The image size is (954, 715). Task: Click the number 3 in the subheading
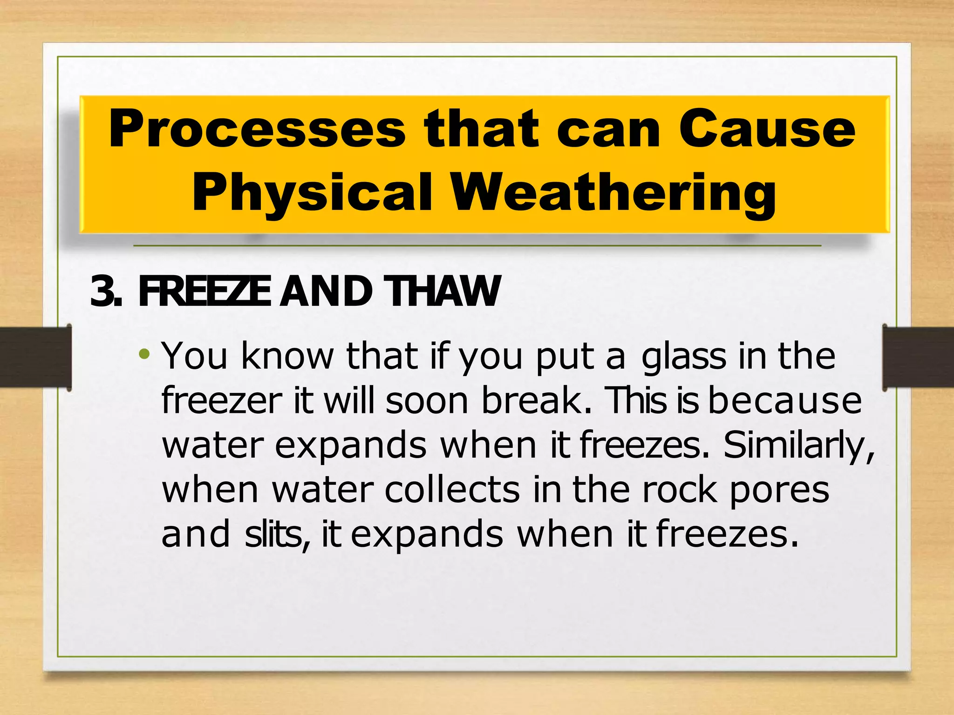pyautogui.click(x=102, y=291)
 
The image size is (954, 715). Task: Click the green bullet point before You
pyautogui.click(x=144, y=355)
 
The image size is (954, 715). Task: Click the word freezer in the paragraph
pyautogui.click(x=222, y=400)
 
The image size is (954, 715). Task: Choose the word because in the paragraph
pyautogui.click(x=785, y=400)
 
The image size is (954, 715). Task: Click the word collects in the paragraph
pyautogui.click(x=452, y=490)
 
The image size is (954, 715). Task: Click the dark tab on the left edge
pyautogui.click(x=35, y=357)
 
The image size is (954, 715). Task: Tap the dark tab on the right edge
pyautogui.click(x=918, y=357)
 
